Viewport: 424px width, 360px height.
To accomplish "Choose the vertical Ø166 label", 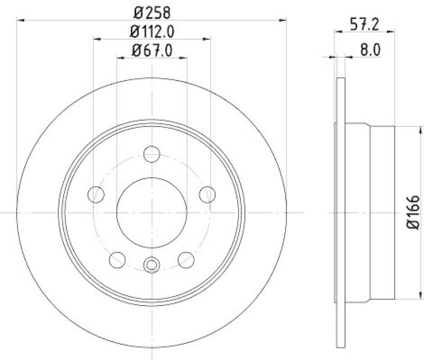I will (414, 212).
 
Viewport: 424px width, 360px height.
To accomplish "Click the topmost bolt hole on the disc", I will (152, 154).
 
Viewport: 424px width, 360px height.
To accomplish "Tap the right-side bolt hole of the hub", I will (207, 194).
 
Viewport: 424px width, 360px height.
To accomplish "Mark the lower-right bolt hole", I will (186, 259).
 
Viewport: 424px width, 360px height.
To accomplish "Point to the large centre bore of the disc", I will (152, 212).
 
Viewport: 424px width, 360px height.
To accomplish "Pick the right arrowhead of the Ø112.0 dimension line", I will (207, 39).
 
